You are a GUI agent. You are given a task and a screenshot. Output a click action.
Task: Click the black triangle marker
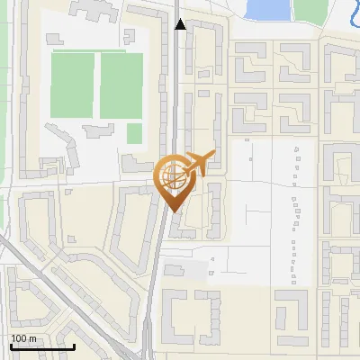click(181, 24)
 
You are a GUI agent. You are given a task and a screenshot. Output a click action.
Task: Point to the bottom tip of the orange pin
click(172, 211)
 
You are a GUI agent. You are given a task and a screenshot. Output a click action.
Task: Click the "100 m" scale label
click(24, 338)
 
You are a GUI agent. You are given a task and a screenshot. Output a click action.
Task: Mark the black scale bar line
click(41, 346)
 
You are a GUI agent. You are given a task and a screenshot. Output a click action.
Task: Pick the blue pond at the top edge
click(267, 9)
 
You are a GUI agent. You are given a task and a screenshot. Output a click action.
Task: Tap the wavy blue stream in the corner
click(352, 13)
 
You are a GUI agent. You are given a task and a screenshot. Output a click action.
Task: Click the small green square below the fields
click(134, 133)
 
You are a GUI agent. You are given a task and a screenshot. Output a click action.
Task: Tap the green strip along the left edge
click(4, 90)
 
